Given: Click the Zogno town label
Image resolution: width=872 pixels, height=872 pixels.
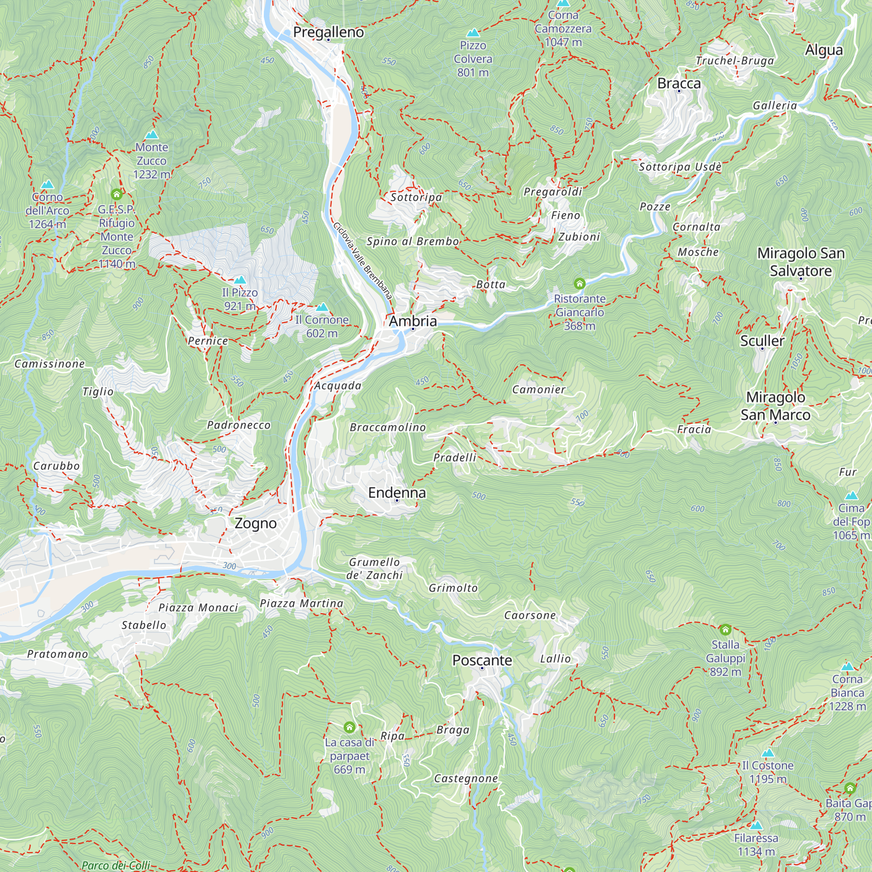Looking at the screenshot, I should pos(255,524).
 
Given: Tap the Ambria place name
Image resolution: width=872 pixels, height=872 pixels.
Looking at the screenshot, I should pos(412,321).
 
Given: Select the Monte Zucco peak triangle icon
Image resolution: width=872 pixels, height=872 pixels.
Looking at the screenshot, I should pos(152,134).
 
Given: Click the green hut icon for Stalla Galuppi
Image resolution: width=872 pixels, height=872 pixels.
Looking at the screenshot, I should pos(725,629).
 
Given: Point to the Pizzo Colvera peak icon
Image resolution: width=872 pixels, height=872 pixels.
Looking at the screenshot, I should pos(473,33).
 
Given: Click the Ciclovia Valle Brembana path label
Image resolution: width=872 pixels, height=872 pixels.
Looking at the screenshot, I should pos(362,260).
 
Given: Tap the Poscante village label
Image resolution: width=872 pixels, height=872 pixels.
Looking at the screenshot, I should pos(482,660).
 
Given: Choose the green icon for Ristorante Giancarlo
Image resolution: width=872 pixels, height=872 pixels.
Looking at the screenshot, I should pos(579,283).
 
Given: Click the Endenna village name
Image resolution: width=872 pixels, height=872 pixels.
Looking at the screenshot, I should pos(397,492).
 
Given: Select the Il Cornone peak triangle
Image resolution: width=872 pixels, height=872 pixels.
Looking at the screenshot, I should pos(322,307).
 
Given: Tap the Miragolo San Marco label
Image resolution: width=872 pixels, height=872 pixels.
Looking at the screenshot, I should pos(775,406).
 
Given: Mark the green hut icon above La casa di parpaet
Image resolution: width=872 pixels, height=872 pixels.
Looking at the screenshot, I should pos(349,727).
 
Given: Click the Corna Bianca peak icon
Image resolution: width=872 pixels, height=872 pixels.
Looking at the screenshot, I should pos(847,666).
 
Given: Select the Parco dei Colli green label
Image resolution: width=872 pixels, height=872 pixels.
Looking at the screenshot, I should pos(116,865).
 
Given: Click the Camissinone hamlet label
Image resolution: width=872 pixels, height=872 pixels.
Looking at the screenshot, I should pos(50,364).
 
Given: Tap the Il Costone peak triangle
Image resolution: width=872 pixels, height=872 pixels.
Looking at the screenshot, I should pos(768,753).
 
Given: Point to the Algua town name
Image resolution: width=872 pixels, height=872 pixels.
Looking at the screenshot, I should pos(824,50).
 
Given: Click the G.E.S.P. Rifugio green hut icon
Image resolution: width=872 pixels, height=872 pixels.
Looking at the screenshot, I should pos(116,194).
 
